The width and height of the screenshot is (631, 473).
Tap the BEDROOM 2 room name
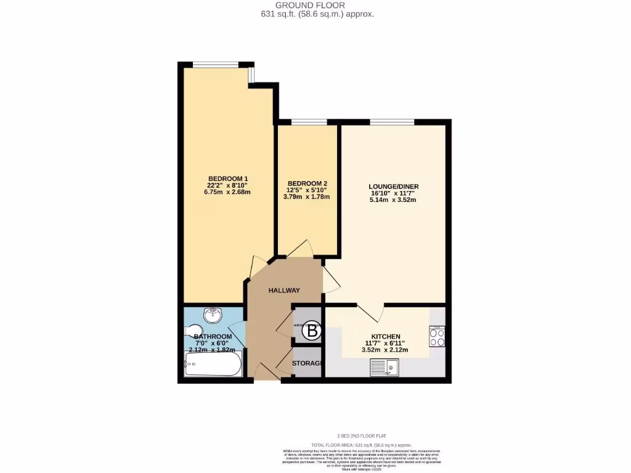[x=307, y=184]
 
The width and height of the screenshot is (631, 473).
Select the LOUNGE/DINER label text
[x=393, y=187]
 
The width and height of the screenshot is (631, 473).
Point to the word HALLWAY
[x=284, y=290]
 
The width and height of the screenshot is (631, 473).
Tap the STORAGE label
[x=307, y=363]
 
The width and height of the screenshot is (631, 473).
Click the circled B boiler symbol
[x=312, y=331]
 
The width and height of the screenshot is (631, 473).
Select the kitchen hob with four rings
[x=437, y=337]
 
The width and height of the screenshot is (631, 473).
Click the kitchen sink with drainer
[x=385, y=368]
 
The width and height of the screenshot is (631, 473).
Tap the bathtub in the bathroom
[x=213, y=368]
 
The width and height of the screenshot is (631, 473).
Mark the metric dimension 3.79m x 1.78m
[x=307, y=197]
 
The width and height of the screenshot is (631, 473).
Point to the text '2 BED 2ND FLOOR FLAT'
[x=361, y=436]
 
